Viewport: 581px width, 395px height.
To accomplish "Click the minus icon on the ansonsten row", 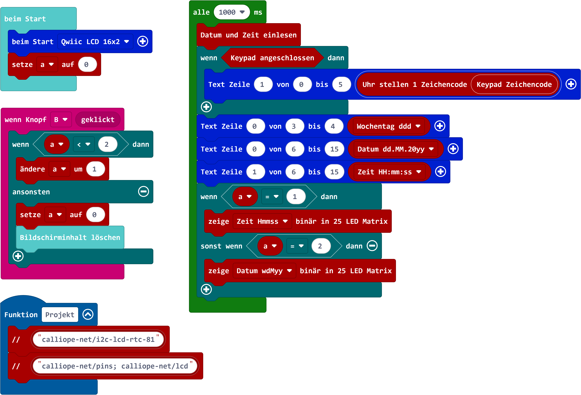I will coord(143,192).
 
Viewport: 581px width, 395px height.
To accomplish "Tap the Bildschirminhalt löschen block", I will coord(70,238).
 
